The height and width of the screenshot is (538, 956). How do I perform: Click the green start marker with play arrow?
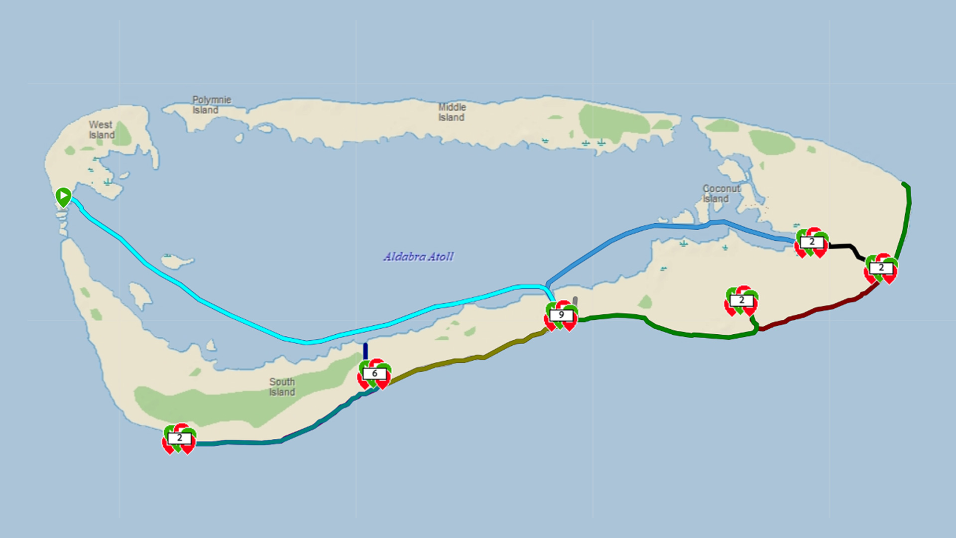(63, 197)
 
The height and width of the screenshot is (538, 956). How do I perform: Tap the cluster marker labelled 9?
(561, 315)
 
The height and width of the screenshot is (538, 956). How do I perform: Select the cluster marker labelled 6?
(374, 374)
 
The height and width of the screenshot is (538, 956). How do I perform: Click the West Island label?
(102, 130)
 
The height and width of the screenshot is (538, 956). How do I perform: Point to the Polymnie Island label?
(212, 105)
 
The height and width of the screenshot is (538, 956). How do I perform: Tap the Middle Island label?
(452, 112)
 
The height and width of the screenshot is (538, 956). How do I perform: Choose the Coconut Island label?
(721, 193)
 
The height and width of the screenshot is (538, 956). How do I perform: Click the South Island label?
(282, 387)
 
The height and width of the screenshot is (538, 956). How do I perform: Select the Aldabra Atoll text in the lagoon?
(418, 257)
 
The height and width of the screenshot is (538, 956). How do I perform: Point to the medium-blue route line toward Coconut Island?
(647, 227)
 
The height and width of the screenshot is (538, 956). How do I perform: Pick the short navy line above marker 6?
(365, 351)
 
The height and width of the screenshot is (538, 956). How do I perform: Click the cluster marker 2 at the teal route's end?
(179, 438)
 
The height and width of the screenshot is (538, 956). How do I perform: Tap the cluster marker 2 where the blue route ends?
(812, 242)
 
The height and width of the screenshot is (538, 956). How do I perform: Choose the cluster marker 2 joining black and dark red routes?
(881, 268)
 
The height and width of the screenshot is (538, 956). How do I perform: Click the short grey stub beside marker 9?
(575, 301)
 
